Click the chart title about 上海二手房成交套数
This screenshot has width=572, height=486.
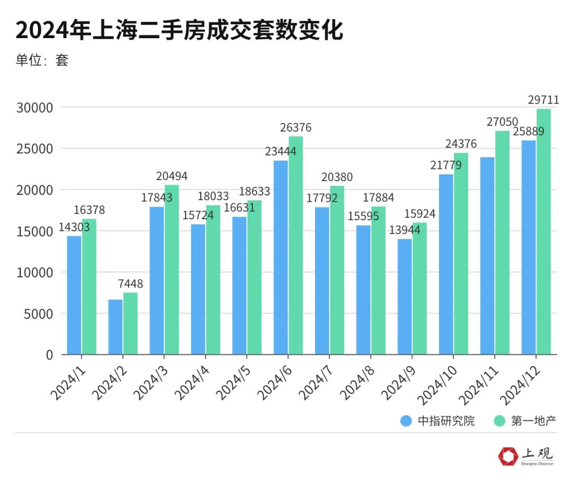coord(179,30)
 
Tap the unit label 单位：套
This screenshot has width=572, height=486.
coord(42,60)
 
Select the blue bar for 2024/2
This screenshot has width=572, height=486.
coord(115,327)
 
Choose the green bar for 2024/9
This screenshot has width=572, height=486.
coord(419,289)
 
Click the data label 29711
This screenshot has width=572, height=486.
coord(543,100)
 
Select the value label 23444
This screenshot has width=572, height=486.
coord(281,151)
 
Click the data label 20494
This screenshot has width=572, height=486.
coord(172,176)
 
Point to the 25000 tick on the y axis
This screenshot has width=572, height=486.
coord(34,149)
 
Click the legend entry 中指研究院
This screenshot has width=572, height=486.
coord(438,421)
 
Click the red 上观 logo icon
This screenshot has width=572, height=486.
coord(508,455)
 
